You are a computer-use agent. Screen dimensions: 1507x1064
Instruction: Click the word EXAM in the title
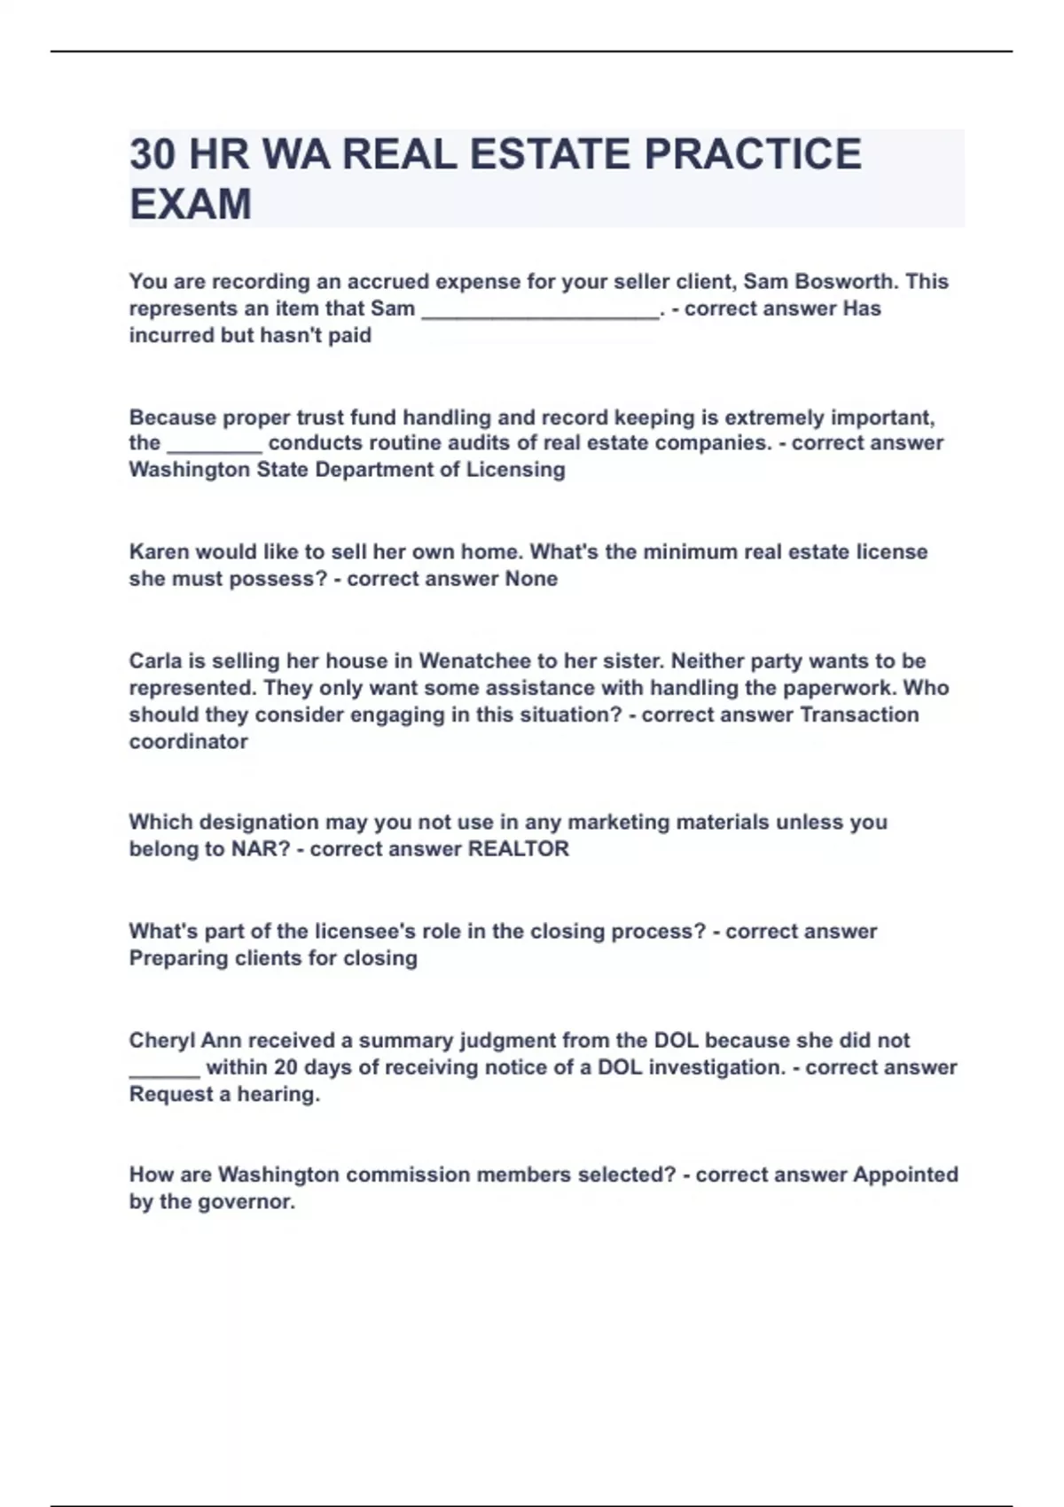click(x=191, y=204)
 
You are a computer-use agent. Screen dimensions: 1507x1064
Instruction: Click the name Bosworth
click(x=843, y=282)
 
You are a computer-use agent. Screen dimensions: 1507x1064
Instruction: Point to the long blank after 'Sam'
click(x=540, y=310)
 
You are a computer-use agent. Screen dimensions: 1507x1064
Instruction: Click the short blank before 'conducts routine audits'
click(x=215, y=444)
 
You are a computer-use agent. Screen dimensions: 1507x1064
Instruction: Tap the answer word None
click(x=531, y=579)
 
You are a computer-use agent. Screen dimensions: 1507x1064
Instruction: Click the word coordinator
click(x=188, y=742)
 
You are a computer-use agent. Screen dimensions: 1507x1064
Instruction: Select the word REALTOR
click(x=518, y=849)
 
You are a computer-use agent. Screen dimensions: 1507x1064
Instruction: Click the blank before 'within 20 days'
click(x=164, y=1069)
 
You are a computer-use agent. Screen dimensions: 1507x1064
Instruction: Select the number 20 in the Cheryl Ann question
click(x=286, y=1067)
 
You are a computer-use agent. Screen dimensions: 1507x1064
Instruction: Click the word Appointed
click(x=905, y=1175)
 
